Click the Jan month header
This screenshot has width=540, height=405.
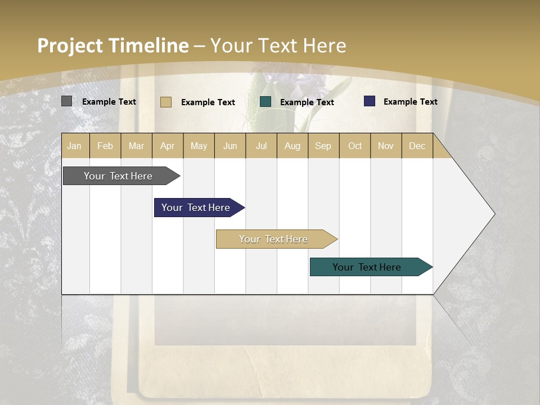(74, 146)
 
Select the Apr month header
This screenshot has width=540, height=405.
(167, 146)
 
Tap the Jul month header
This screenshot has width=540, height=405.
(261, 146)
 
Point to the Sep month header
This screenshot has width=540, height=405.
(323, 146)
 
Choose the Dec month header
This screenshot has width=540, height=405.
(417, 146)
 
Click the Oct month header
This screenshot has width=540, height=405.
(355, 146)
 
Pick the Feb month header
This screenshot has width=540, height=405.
(105, 146)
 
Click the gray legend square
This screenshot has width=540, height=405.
(66, 101)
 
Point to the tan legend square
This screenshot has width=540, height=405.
(165, 102)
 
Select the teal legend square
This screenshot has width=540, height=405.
(265, 102)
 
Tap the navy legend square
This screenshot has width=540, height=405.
(369, 101)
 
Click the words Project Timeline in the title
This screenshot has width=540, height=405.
(112, 46)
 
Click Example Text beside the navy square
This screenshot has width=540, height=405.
(410, 102)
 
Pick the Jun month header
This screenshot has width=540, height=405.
(230, 146)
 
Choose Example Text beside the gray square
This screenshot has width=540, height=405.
(109, 102)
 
